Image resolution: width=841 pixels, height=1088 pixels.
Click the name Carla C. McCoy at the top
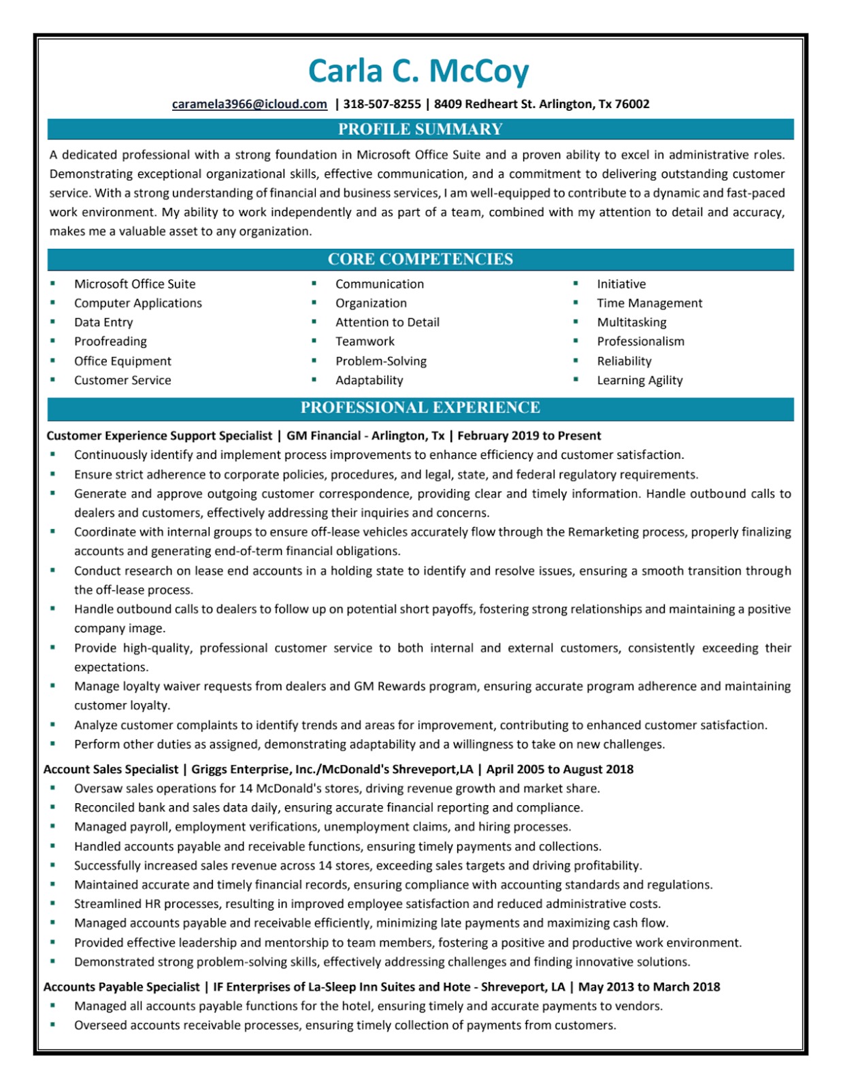pyautogui.click(x=418, y=71)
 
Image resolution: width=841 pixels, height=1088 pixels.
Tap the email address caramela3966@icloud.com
pyautogui.click(x=250, y=104)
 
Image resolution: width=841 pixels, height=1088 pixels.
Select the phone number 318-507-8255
pyautogui.click(x=382, y=104)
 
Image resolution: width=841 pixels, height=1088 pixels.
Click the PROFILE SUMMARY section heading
pyautogui.click(x=420, y=129)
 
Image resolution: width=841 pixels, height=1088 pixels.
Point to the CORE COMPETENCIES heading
pyautogui.click(x=420, y=259)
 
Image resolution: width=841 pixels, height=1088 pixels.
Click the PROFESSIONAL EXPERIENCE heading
pyautogui.click(x=420, y=407)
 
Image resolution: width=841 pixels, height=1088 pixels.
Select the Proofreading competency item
pyautogui.click(x=110, y=341)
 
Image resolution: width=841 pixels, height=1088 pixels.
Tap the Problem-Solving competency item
pyautogui.click(x=381, y=361)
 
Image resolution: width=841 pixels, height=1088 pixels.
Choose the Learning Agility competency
pyautogui.click(x=640, y=380)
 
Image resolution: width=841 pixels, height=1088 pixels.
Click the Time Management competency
pyautogui.click(x=649, y=303)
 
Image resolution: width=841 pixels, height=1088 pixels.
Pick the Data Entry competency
pyautogui.click(x=103, y=322)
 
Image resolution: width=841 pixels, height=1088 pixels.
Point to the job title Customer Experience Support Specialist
pyautogui.click(x=159, y=436)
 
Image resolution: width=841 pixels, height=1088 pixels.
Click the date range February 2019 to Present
pyautogui.click(x=529, y=436)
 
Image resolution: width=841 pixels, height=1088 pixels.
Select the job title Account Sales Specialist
pyautogui.click(x=111, y=769)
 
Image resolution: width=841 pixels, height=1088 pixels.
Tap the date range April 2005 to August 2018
pyautogui.click(x=559, y=769)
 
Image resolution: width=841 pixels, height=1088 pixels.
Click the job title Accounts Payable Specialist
pyautogui.click(x=122, y=987)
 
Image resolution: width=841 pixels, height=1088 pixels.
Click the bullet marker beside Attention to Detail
pyautogui.click(x=314, y=322)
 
